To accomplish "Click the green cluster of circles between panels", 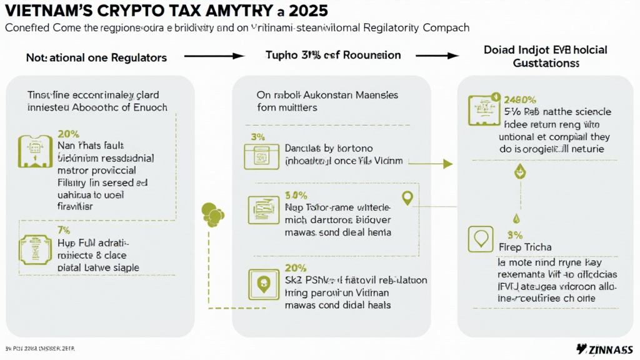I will pyautogui.click(x=213, y=214).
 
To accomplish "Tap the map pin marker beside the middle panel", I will pyautogui.click(x=407, y=198).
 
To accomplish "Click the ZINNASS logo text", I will pyautogui.click(x=604, y=349).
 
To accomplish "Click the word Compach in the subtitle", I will pyautogui.click(x=443, y=28).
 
